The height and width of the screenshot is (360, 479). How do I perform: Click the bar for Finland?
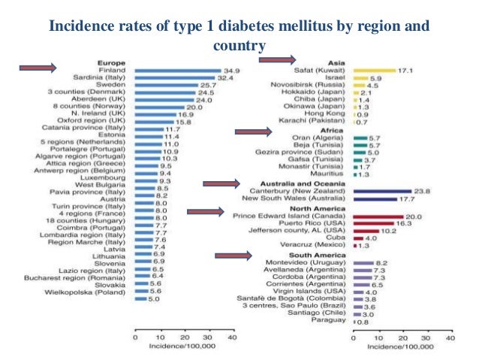177,70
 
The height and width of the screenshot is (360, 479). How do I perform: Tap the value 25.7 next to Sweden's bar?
206,86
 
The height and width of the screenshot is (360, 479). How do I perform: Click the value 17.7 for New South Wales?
405,199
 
